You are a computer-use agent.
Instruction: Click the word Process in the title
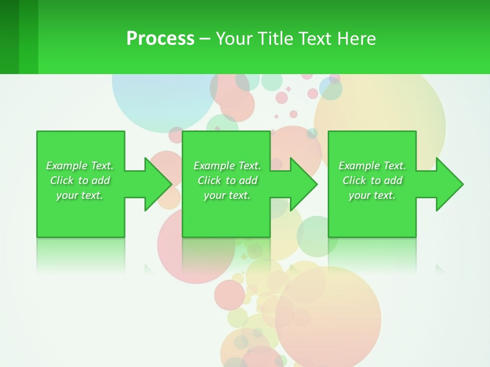click(160, 39)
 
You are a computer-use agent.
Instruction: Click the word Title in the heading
click(274, 39)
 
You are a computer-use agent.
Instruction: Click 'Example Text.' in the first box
click(80, 166)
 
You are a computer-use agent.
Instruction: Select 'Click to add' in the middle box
click(227, 180)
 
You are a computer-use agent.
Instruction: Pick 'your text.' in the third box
click(372, 195)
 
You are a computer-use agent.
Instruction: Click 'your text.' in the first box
click(80, 195)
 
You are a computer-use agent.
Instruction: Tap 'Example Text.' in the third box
click(372, 166)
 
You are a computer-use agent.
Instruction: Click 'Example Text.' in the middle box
click(227, 166)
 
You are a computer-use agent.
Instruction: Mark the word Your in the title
click(234, 39)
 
